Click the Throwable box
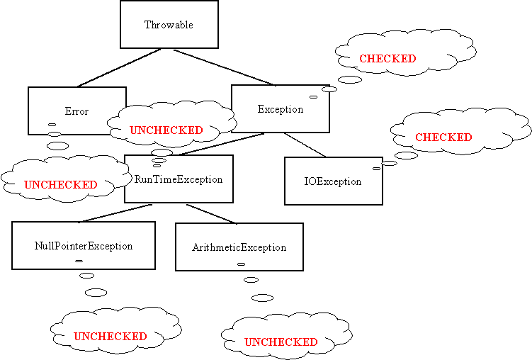tap(169, 24)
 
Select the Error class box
tap(77, 111)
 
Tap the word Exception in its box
tap(281, 109)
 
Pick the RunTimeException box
tap(179, 179)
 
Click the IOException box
tap(333, 181)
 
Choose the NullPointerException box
tap(84, 246)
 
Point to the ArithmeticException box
tap(239, 247)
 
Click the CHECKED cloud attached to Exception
tap(387, 59)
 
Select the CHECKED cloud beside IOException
tap(443, 137)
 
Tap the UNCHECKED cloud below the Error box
tap(60, 184)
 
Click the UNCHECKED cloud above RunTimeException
tap(166, 130)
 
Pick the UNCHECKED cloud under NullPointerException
tap(111, 336)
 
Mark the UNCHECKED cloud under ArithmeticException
tap(281, 342)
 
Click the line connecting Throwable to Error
tap(119, 67)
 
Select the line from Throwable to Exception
tap(223, 67)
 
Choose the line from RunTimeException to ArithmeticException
tap(211, 214)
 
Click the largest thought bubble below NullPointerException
tap(96, 292)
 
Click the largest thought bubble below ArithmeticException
tap(262, 298)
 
